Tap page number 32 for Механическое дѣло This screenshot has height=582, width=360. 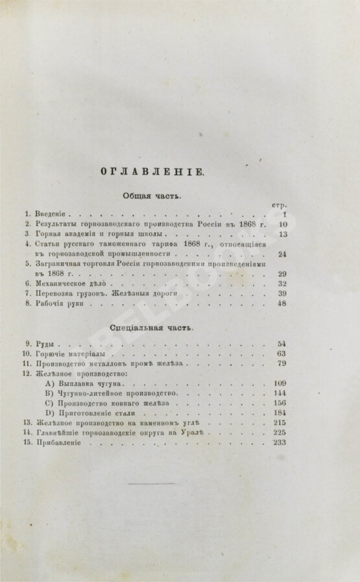281,284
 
